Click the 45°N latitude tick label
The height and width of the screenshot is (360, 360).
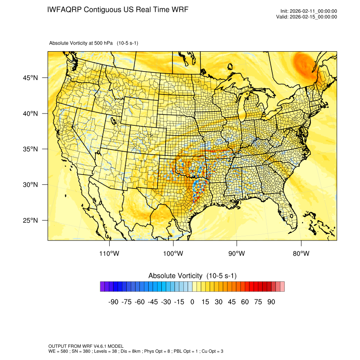30,78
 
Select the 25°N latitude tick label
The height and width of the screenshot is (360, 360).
30,220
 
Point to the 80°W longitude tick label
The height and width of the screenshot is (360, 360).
301,254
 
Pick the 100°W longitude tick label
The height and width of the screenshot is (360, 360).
173,254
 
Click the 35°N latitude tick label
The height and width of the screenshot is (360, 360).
30,149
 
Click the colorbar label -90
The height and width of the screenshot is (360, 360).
113,302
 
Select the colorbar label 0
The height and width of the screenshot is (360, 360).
192,302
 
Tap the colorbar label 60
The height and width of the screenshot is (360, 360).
245,302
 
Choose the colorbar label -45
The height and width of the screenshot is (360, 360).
152,302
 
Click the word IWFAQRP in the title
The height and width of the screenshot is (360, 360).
65,10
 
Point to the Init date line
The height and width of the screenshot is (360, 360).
308,11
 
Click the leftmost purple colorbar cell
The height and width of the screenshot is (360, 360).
102,287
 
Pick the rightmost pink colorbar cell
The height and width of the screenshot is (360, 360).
282,287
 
